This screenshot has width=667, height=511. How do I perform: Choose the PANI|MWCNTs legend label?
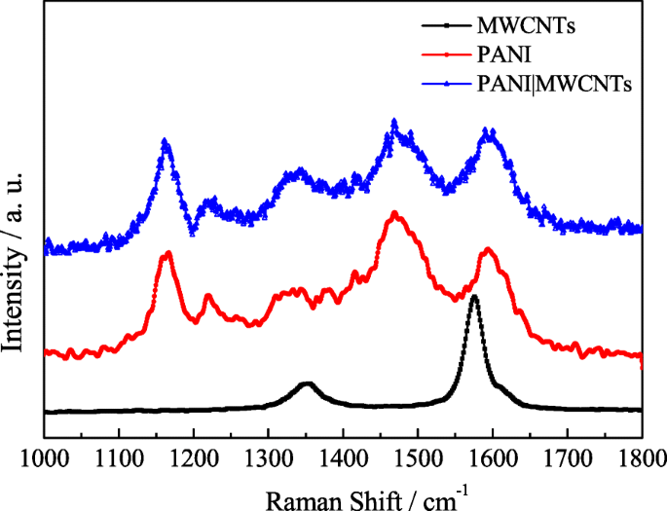565,85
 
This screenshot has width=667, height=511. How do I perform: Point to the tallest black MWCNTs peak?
474,297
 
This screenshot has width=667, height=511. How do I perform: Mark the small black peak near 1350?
308,384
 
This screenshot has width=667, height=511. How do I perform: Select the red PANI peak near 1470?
394,212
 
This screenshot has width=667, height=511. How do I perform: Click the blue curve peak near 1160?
166,141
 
